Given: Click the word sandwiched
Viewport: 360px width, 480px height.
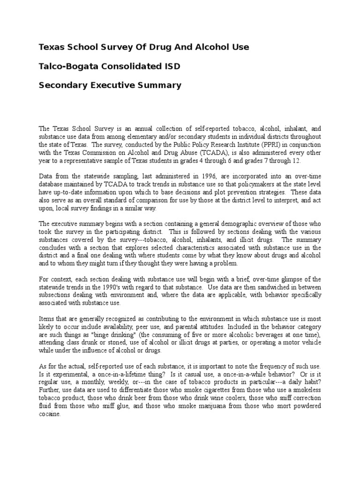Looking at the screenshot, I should pos(271,287).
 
